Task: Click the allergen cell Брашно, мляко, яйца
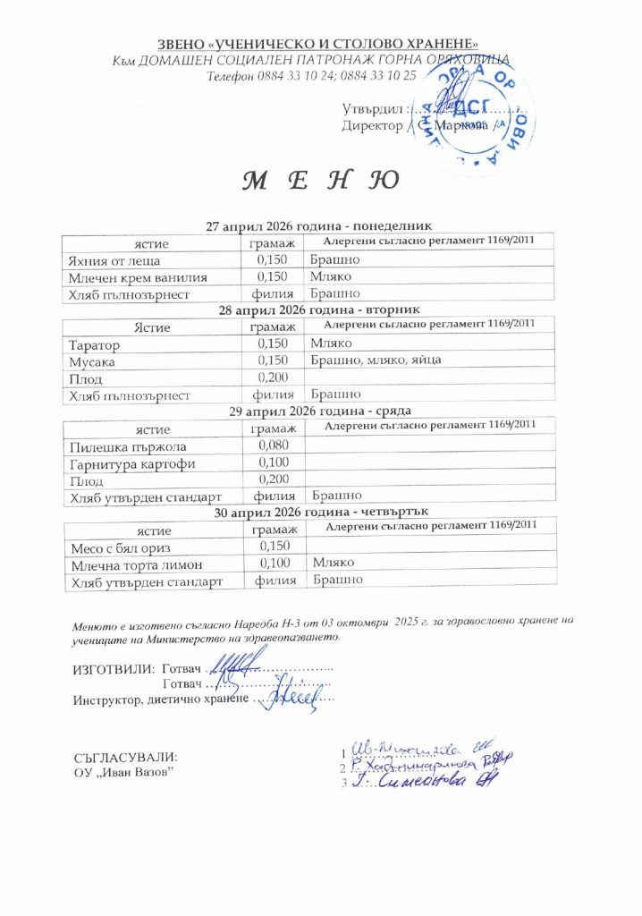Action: point(375,360)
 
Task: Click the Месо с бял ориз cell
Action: point(121,547)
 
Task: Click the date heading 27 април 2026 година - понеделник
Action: point(319,227)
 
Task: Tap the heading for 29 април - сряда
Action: point(319,411)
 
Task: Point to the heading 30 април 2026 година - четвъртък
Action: point(319,512)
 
